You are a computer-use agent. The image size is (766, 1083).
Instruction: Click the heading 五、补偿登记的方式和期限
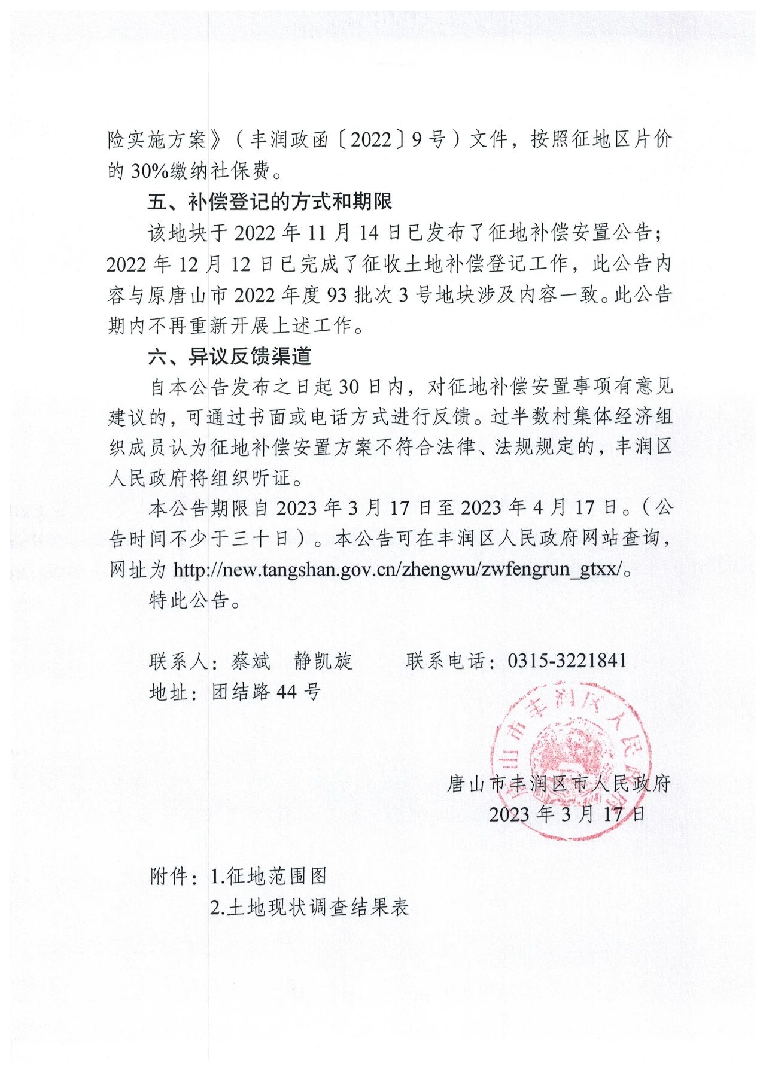(x=270, y=202)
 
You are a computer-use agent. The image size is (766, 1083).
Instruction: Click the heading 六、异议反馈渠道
(x=229, y=357)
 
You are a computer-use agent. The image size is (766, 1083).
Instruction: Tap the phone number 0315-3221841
(x=567, y=661)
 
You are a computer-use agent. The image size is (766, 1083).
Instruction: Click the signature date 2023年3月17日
(x=567, y=814)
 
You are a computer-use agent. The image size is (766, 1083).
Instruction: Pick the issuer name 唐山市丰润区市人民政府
(x=558, y=783)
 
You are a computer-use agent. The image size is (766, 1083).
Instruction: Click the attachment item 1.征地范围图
(x=269, y=877)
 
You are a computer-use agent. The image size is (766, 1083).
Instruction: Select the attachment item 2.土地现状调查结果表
(x=309, y=908)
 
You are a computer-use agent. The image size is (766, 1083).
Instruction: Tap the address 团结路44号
(x=266, y=692)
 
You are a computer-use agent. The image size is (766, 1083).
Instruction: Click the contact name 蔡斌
(x=251, y=661)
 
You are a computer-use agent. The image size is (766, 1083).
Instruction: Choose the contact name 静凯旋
(x=323, y=661)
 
